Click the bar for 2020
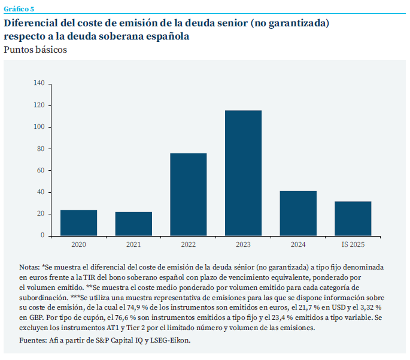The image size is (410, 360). [x=78, y=223]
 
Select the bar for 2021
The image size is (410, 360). [x=133, y=223]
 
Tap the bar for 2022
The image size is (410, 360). [x=189, y=195]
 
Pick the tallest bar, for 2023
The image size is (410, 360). [x=243, y=173]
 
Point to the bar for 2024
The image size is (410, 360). [x=298, y=213]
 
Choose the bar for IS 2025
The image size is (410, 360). [x=353, y=219]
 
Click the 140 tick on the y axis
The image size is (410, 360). [x=39, y=83]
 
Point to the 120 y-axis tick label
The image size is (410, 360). [x=39, y=105]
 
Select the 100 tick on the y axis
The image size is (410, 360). [x=39, y=127]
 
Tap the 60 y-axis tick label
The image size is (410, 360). [x=41, y=170]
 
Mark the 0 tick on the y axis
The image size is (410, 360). [x=42, y=235]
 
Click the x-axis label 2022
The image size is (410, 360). [x=189, y=244]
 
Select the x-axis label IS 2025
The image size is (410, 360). [x=353, y=244]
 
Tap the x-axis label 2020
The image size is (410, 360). [x=78, y=244]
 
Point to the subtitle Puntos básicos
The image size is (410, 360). [x=35, y=50]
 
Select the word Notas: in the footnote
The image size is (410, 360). [x=29, y=267]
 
